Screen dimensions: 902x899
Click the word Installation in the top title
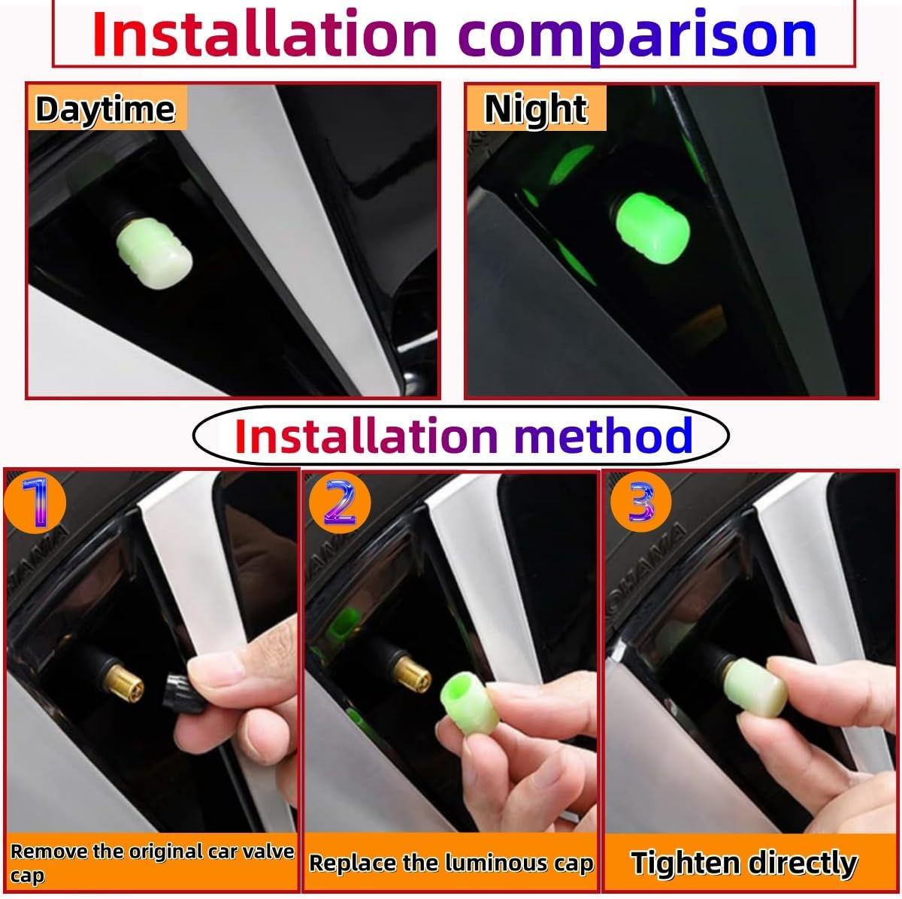pos(265,34)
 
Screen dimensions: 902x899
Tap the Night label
pos(535,110)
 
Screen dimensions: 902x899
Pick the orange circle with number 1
pos(35,503)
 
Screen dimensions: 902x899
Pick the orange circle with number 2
pos(339,503)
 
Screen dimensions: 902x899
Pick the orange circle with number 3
pos(641,503)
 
